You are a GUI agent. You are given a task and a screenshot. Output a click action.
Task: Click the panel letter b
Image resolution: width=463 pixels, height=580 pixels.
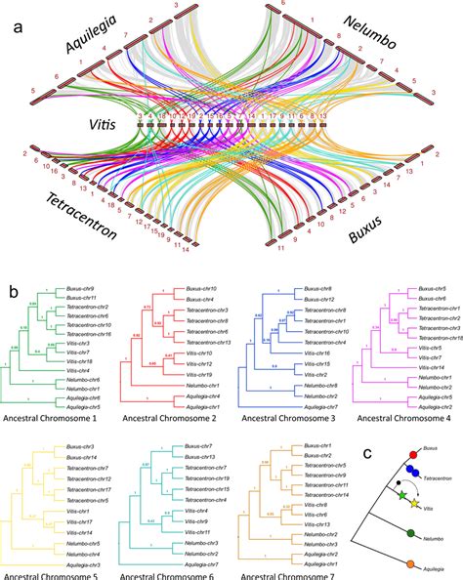click(13, 290)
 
